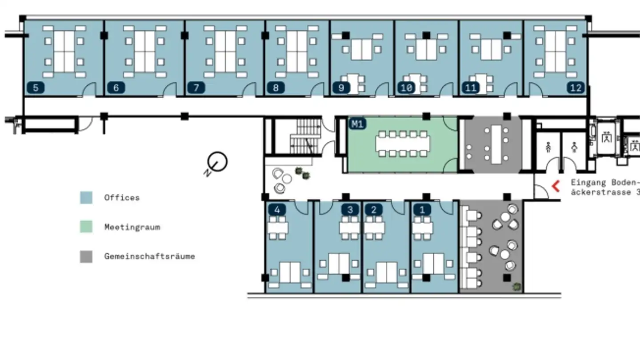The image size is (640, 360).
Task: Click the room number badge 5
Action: tap(36, 88)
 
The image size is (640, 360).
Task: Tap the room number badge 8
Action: tap(276, 88)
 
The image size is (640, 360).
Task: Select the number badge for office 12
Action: tap(576, 88)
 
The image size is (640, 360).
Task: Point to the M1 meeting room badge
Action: tap(357, 124)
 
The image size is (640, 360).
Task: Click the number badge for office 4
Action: tap(277, 209)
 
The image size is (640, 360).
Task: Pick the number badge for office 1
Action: tap(422, 209)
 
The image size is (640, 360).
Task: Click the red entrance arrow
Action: tap(556, 186)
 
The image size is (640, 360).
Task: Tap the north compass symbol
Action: tap(218, 162)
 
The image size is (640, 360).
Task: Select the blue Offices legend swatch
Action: tap(86, 198)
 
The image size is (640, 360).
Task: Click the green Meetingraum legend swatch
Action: tap(86, 227)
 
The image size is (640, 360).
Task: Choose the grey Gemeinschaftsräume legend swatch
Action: tap(86, 256)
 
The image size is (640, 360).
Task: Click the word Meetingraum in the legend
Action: tap(132, 227)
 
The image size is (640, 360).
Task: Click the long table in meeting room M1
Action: tap(403, 143)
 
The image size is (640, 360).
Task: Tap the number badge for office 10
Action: tap(406, 88)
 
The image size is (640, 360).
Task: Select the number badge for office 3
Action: tap(350, 209)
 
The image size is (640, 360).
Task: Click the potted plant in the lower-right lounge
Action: tap(516, 287)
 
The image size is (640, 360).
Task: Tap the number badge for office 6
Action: tap(116, 88)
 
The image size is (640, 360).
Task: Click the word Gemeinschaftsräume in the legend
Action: tap(149, 256)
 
